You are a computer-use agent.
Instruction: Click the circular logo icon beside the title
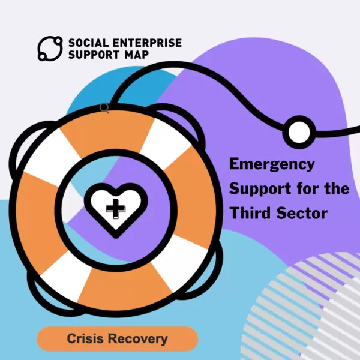pos(50,49)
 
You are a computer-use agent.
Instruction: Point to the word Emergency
pos(272,164)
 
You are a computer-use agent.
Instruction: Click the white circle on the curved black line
pos(297,132)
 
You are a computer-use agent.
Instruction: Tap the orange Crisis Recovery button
pos(117,339)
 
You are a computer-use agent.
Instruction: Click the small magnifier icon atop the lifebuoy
pos(104,108)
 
